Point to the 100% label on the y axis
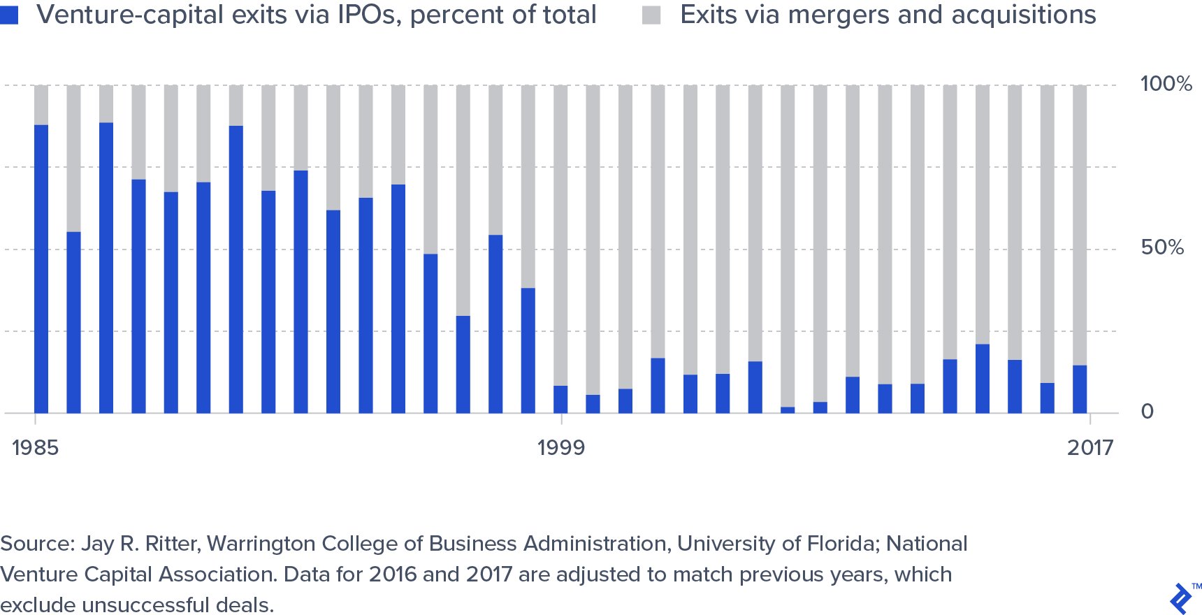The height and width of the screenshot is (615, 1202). [1166, 84]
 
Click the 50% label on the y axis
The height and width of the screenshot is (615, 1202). [1162, 247]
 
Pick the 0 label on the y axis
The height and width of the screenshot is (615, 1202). [1147, 411]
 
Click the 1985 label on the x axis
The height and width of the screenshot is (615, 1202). [35, 448]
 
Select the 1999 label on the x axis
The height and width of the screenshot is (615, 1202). [560, 448]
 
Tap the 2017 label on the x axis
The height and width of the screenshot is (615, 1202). [1089, 448]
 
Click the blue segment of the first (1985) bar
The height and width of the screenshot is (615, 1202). [41, 269]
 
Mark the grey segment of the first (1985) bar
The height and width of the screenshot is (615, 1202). [41, 105]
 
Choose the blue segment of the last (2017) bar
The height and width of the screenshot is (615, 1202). [1080, 389]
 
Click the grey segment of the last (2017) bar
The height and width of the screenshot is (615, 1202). [1080, 224]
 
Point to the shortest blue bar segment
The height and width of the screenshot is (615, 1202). [788, 410]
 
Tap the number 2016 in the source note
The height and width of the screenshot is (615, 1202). [392, 574]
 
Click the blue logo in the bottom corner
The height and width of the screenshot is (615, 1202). [1180, 599]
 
